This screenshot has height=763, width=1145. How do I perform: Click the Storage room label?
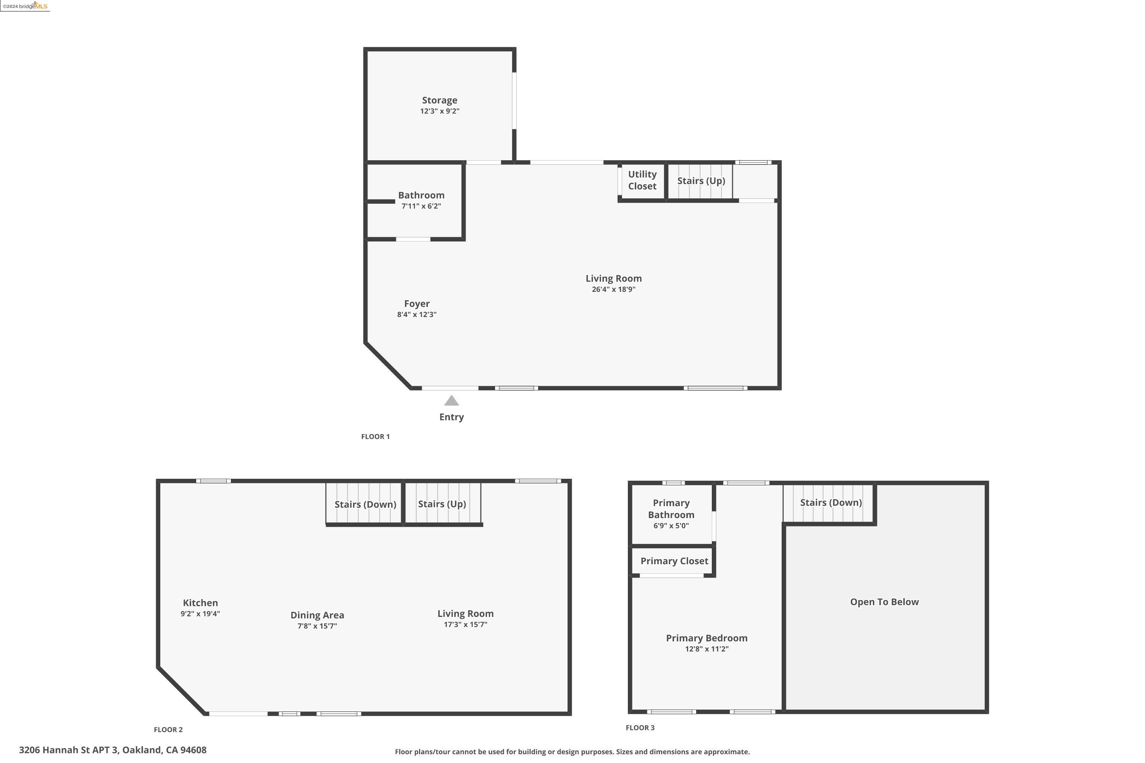click(x=439, y=100)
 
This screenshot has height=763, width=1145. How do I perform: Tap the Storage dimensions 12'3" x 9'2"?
click(x=440, y=111)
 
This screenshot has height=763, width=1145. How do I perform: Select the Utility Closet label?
click(x=642, y=180)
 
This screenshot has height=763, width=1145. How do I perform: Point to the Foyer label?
click(x=417, y=304)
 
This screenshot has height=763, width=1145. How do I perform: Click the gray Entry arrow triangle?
click(x=451, y=401)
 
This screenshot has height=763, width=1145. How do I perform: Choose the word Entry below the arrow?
click(x=451, y=417)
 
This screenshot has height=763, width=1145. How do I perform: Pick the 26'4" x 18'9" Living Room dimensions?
click(x=613, y=290)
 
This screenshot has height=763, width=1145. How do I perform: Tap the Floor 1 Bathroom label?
click(x=421, y=195)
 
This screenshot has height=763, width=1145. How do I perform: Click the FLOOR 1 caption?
click(x=375, y=436)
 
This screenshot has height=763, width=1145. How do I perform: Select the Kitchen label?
click(x=200, y=603)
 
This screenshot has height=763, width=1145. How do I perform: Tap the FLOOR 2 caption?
click(x=168, y=729)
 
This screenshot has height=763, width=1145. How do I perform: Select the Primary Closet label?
click(x=674, y=561)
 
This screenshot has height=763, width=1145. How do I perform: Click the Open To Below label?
click(x=884, y=602)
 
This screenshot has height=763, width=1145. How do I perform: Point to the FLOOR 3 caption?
click(x=640, y=728)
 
